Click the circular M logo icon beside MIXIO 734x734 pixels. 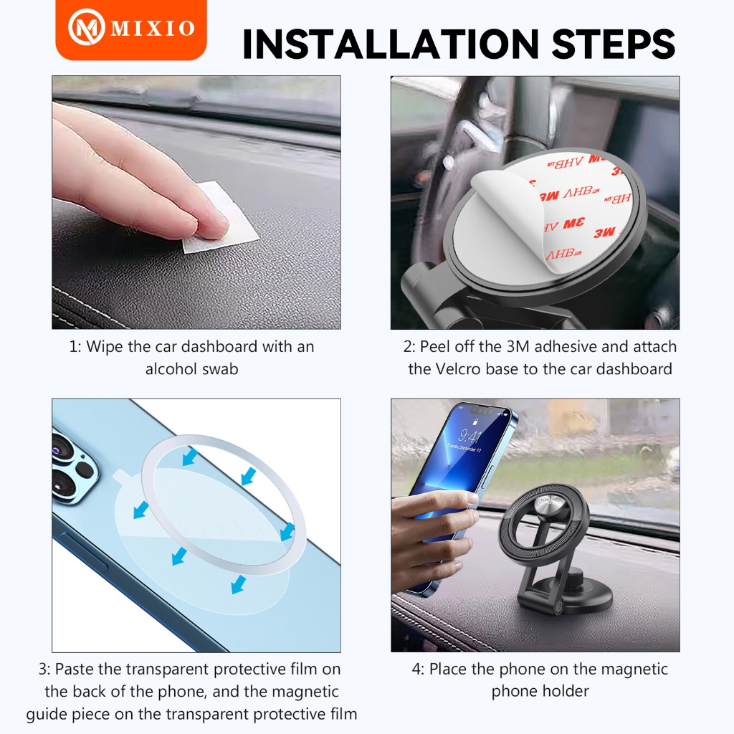(86, 27)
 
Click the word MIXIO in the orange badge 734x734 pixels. (153, 28)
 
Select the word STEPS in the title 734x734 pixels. (614, 44)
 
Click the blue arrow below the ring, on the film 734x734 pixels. (239, 584)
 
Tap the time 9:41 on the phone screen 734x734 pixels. (470, 437)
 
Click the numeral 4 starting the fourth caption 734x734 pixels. (417, 669)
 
